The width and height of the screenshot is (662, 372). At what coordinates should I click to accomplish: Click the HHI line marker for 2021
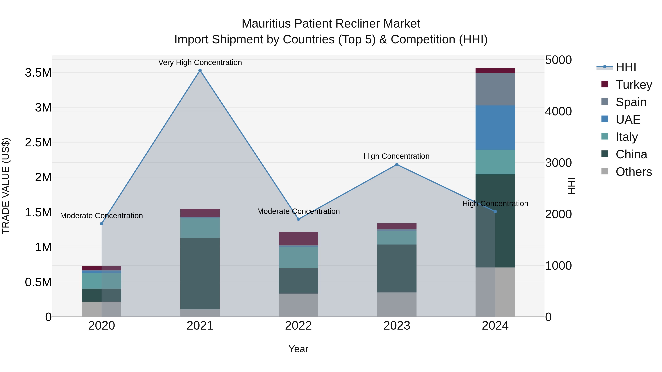(200, 70)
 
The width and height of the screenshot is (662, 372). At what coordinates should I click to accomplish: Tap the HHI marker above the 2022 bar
(298, 219)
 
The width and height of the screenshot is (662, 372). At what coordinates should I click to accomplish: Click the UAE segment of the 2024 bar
(495, 128)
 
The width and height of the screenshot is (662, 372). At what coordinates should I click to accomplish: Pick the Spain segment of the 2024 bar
(495, 89)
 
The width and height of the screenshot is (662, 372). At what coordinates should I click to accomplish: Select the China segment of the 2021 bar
(200, 273)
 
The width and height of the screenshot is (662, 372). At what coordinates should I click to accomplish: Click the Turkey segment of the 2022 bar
(298, 238)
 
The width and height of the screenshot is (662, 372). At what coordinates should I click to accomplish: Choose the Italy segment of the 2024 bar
(495, 162)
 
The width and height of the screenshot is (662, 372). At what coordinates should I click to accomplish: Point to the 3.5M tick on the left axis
(38, 73)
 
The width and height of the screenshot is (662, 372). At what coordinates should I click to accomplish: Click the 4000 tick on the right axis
(558, 112)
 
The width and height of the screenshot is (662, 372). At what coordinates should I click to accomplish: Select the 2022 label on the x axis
(298, 326)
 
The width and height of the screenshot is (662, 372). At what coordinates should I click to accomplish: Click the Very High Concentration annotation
(200, 62)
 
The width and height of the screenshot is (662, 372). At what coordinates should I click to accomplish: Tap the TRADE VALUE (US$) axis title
(6, 186)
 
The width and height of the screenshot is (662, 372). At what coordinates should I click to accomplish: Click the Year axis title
(298, 349)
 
